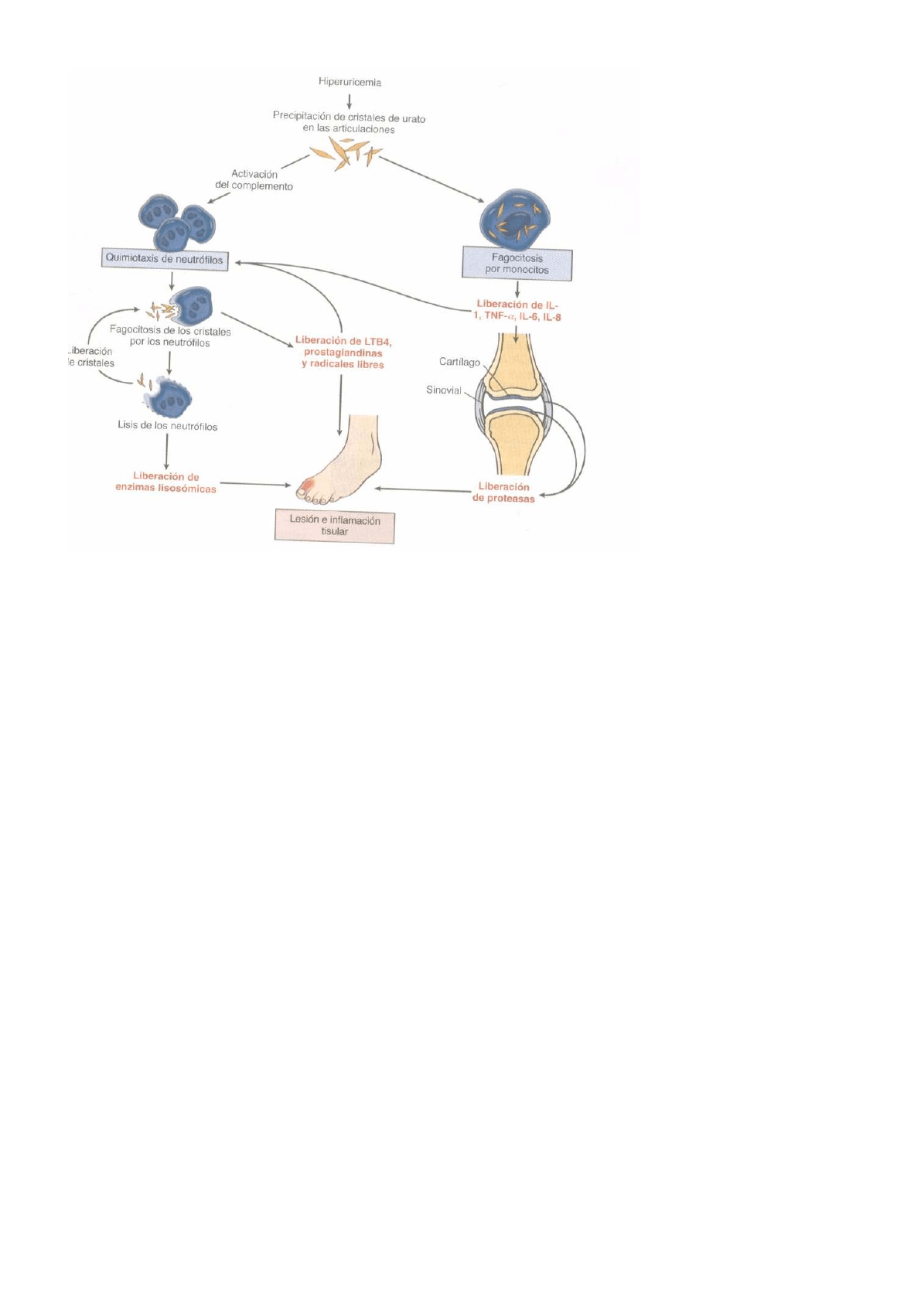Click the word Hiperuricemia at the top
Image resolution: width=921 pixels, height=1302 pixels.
[350, 82]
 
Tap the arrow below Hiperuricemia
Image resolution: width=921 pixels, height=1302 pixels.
[350, 101]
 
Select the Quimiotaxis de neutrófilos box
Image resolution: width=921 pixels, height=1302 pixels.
[165, 259]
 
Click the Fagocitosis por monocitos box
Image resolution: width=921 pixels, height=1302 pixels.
[517, 264]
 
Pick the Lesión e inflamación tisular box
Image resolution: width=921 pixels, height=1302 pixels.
[334, 526]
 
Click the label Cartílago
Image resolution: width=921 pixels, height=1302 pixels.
[459, 362]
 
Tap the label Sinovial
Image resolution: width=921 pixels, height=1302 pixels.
[443, 390]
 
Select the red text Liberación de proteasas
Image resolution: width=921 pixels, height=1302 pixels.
[503, 493]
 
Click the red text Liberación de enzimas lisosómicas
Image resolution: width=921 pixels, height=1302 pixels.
[165, 482]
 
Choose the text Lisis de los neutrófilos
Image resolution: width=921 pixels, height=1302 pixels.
[167, 426]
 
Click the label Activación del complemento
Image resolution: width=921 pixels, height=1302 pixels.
[254, 180]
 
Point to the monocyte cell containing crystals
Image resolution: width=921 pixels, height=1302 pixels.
[514, 216]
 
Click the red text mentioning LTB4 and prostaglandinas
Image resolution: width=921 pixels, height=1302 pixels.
[343, 353]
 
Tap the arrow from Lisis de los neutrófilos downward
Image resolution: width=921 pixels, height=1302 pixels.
[167, 451]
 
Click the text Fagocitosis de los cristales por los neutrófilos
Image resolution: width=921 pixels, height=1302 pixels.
[170, 336]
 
